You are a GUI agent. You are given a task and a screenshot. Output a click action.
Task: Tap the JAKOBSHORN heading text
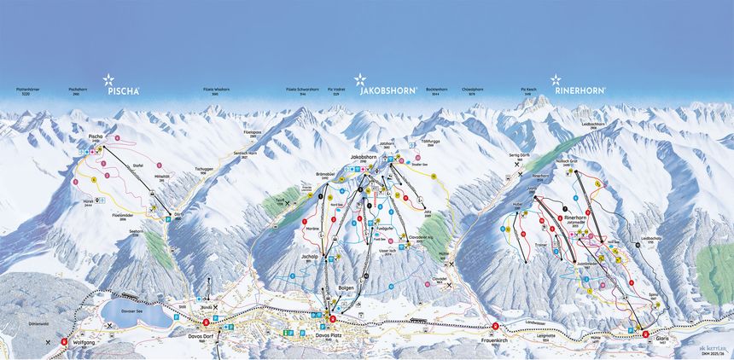click(x=388, y=90)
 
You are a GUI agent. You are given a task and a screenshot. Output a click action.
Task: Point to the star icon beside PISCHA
click(x=108, y=80)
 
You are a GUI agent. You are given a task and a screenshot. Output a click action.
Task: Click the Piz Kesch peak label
click(x=529, y=88)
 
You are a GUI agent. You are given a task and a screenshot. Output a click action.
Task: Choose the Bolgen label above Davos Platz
click(x=345, y=289)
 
